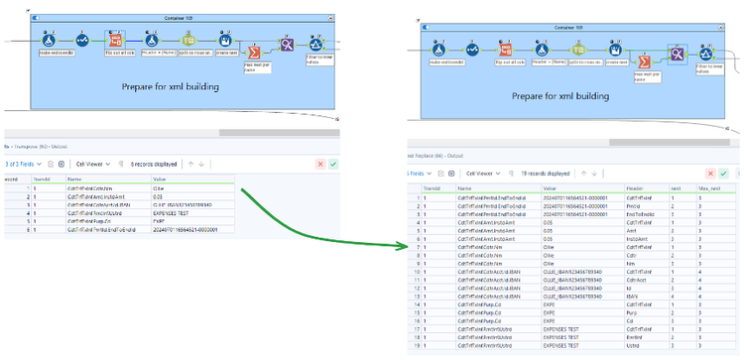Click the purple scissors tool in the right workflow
point(680,55)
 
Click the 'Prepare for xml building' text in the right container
point(547,95)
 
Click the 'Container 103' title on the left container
point(178,18)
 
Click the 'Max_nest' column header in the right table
point(706,187)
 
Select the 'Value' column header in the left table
point(160,180)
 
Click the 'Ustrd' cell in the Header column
point(633,344)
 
